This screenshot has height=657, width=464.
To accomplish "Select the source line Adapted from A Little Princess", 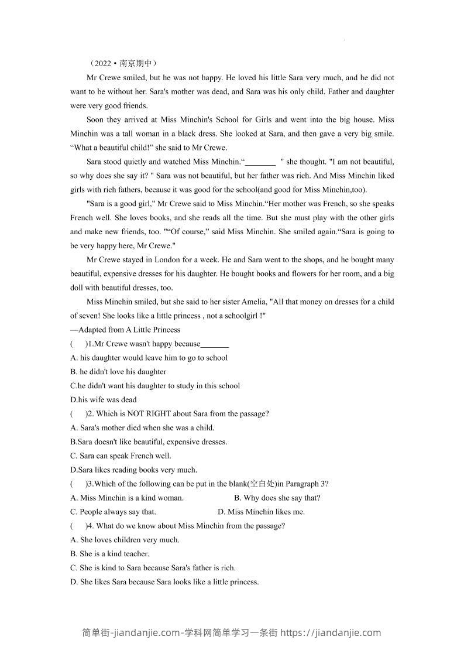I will pos(125,330).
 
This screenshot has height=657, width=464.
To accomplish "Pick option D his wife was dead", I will pos(103,400).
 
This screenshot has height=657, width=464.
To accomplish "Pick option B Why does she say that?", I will pos(277,498).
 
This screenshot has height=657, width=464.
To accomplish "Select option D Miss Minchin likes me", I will pos(261,512).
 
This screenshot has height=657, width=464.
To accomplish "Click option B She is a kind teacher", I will pos(109,554).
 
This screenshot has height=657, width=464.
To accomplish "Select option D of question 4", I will pos(164,582).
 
